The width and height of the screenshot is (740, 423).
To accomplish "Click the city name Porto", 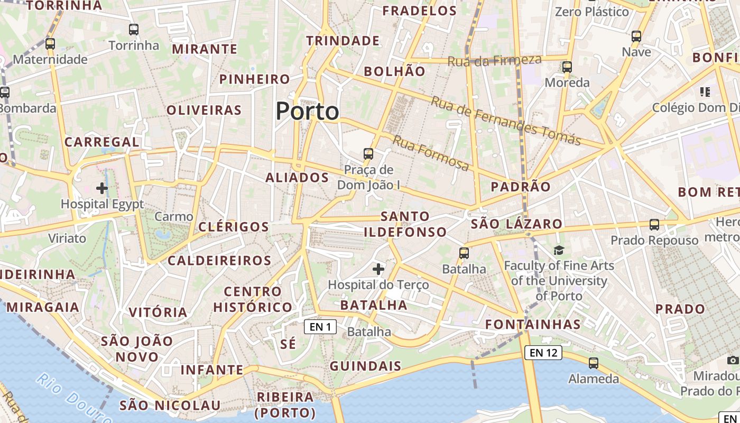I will (x=307, y=111).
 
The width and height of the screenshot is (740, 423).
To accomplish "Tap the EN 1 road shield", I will (x=320, y=327).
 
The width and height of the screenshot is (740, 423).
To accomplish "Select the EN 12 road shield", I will (x=543, y=353).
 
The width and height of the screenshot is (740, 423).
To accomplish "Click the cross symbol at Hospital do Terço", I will (x=378, y=269).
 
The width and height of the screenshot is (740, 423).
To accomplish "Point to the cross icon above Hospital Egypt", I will (x=102, y=188).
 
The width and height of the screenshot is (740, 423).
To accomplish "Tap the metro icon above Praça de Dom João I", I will (x=368, y=154).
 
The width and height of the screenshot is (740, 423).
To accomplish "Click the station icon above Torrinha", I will (x=134, y=30).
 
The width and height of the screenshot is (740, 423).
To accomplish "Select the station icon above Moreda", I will (x=567, y=67).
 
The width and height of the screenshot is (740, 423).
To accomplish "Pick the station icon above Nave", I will (x=636, y=36).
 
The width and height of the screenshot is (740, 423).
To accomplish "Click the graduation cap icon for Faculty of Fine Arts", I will (x=559, y=250).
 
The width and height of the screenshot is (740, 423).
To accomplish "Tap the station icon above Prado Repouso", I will (x=654, y=225).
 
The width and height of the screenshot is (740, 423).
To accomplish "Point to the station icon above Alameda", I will (x=594, y=363).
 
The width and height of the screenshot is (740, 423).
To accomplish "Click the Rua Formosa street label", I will (x=430, y=153).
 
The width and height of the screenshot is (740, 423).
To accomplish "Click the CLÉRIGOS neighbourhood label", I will (x=234, y=227).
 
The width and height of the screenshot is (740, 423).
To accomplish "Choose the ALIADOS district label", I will (x=297, y=178).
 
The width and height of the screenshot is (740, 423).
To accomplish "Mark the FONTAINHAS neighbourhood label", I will (x=533, y=324).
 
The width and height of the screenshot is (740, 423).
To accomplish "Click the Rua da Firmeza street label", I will (x=494, y=60).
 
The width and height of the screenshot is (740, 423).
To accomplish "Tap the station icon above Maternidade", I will (x=50, y=44).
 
